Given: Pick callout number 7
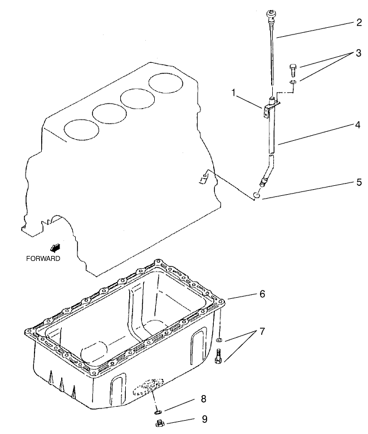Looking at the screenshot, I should pos(262,332).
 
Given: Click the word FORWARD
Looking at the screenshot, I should pos(43,258).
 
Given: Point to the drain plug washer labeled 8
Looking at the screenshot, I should pos(157,412).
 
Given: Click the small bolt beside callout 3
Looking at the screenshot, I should pos(293,70).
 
